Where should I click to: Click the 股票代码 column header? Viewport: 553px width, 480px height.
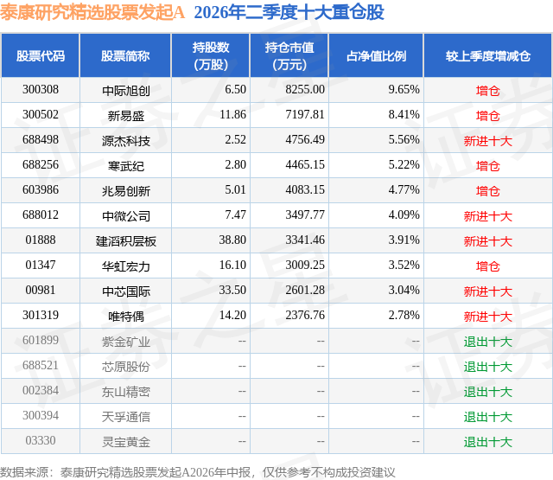[41, 56]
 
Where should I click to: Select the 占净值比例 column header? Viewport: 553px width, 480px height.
[376, 56]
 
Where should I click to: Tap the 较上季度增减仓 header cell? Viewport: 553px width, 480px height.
[487, 56]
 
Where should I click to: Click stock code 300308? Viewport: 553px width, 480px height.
[41, 90]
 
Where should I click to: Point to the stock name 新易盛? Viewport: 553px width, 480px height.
[126, 115]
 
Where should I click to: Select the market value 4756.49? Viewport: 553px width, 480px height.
[305, 140]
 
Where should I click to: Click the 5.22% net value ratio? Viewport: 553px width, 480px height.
[404, 165]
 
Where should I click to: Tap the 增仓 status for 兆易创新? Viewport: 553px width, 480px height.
[487, 191]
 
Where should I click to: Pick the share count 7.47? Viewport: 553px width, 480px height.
[236, 215]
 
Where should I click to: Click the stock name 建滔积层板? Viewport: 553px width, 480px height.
[126, 241]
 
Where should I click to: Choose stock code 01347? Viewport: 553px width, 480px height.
[41, 265]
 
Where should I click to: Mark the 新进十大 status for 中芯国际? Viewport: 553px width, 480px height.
[487, 291]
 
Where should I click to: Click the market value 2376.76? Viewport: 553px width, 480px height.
[305, 315]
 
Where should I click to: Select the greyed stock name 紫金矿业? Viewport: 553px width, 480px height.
[126, 342]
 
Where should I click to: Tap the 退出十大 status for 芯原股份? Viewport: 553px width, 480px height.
[487, 367]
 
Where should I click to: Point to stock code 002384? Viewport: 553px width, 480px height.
[41, 390]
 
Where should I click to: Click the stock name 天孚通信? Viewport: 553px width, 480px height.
[126, 417]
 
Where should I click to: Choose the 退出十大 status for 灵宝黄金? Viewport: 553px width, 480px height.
[487, 442]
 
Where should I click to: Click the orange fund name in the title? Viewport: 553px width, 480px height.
[92, 12]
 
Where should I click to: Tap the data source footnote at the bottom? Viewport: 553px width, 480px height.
[198, 472]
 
